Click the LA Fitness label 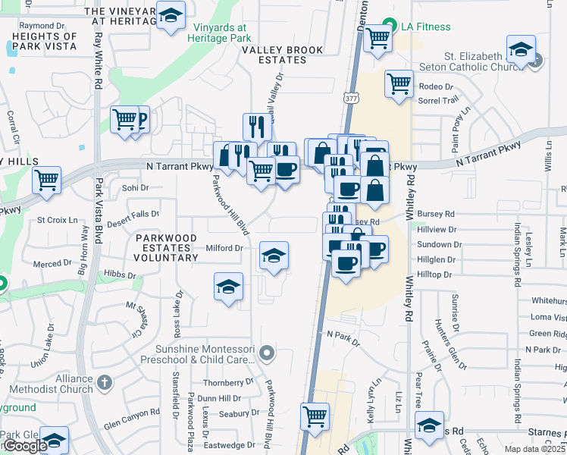(x=427, y=27)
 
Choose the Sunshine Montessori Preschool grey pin (x=266, y=353)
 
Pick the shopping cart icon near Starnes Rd (x=315, y=415)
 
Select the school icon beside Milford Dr (x=274, y=255)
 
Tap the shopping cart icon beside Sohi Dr (x=47, y=180)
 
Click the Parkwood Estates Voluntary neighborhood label (x=166, y=248)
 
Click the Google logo (x=24, y=446)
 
